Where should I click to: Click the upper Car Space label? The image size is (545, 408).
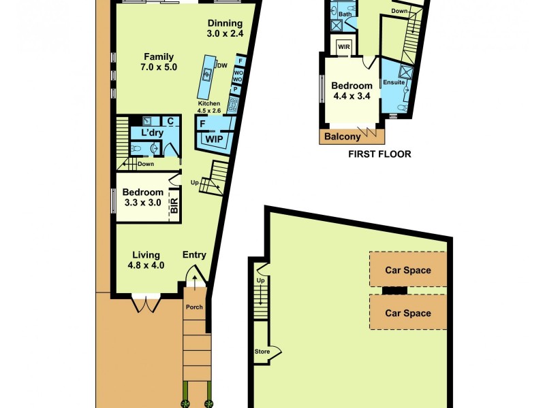click(x=408, y=270)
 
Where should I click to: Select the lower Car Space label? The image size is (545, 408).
click(x=408, y=313)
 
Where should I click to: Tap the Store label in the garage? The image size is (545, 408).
click(x=262, y=352)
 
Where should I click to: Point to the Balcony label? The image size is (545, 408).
click(x=342, y=137)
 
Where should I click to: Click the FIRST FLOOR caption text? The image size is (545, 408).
click(x=379, y=154)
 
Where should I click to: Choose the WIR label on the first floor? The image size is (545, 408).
click(x=343, y=47)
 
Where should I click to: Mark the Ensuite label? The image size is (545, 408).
click(x=394, y=82)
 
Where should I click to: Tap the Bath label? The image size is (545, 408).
click(x=345, y=14)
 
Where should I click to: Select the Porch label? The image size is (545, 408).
click(x=195, y=307)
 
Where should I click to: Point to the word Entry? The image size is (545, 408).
click(x=194, y=255)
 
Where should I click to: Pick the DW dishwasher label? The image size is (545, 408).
click(x=222, y=66)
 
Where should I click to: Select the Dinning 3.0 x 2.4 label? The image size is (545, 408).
click(x=225, y=27)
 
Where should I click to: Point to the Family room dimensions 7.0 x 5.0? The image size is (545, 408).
click(x=159, y=67)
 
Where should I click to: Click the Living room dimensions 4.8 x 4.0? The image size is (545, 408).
click(x=146, y=265)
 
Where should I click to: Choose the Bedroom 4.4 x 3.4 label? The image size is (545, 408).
click(x=352, y=90)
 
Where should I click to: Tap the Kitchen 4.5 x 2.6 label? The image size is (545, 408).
click(x=209, y=107)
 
